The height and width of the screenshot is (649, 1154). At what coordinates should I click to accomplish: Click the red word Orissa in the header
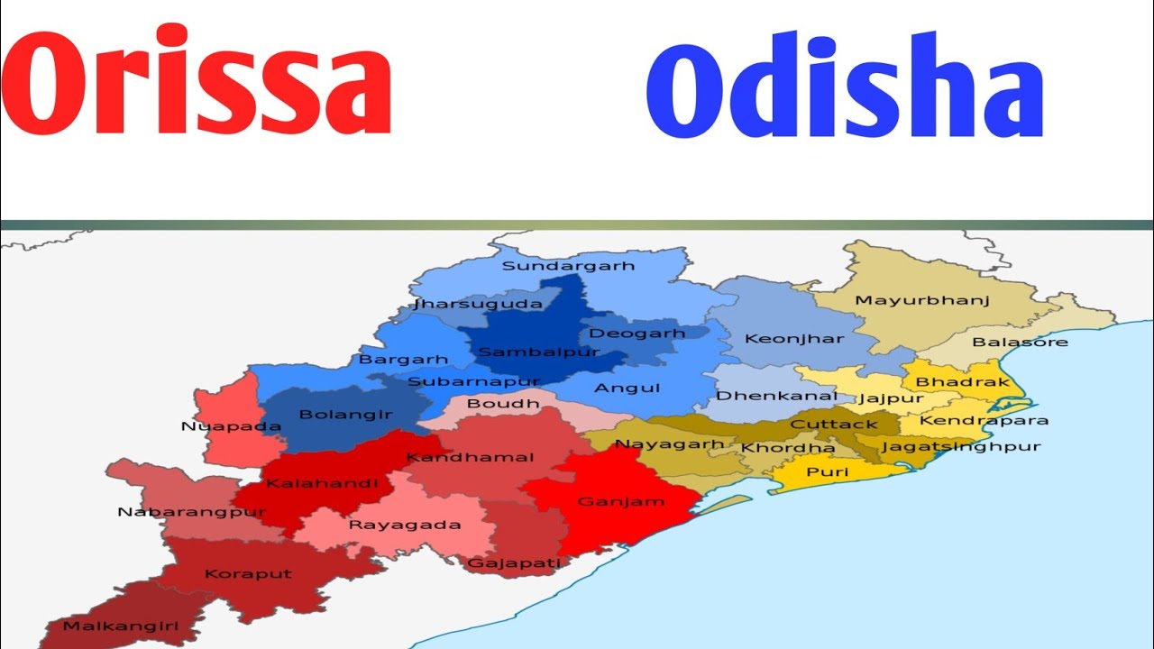196,84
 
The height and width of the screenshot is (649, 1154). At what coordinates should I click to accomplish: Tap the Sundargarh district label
568,266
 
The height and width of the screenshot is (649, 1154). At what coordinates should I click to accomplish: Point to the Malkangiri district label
108,626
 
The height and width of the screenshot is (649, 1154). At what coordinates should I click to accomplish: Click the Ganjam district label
620,501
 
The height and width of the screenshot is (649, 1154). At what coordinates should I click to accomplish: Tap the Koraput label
235,574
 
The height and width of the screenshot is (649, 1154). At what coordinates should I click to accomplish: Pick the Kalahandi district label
322,484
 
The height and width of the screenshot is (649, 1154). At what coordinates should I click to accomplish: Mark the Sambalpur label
538,352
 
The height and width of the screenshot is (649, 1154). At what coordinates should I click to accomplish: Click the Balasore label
1020,343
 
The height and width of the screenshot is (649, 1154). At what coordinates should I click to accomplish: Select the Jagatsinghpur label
961,446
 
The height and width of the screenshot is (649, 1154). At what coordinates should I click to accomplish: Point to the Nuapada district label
218,426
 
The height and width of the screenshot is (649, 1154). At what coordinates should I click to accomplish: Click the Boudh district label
503,404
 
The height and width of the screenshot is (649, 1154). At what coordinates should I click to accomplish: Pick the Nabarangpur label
191,513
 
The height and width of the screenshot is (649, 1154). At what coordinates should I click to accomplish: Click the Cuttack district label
833,425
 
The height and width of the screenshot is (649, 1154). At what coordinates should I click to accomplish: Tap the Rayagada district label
405,525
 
